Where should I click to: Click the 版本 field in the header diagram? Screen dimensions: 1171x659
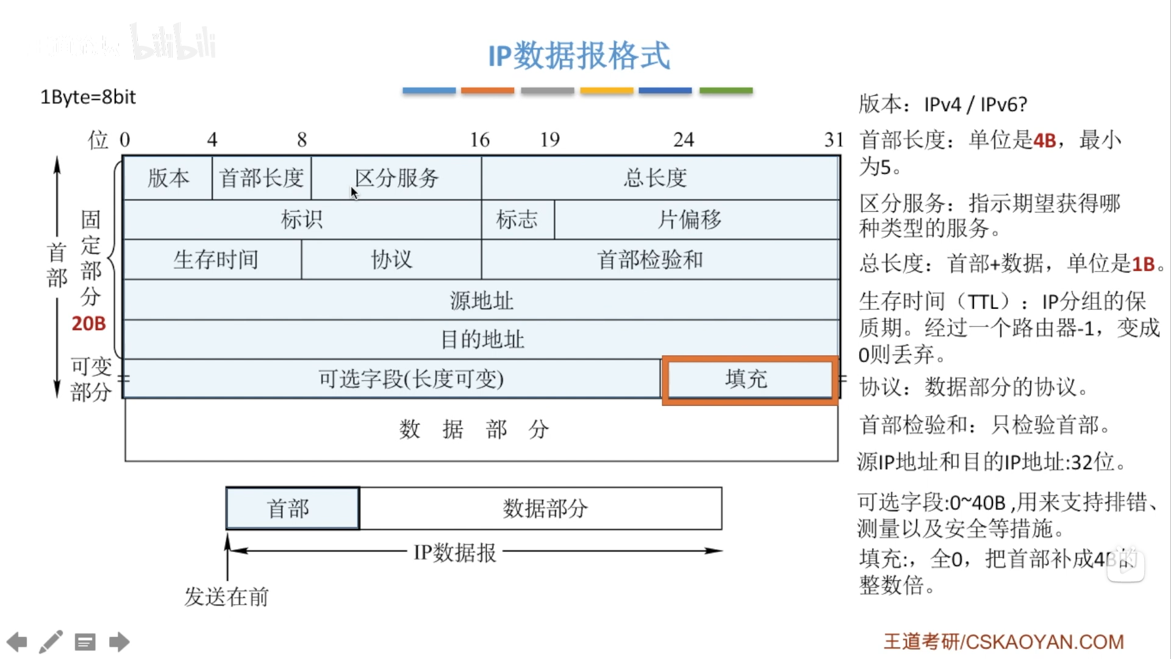pos(168,178)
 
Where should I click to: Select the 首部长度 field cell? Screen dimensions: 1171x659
pos(262,178)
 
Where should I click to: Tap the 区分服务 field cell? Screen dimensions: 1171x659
pos(396,178)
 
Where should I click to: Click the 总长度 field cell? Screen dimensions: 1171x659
pos(656,178)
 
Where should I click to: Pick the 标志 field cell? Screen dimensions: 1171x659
pos(517,219)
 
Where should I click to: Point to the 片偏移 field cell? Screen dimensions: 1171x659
pos(690,219)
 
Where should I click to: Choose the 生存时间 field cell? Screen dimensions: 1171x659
pos(215,260)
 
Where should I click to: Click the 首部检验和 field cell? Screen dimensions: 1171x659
pos(650,260)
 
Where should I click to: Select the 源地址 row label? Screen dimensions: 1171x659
pos(481,300)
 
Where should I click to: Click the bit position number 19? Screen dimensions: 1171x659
pos(550,140)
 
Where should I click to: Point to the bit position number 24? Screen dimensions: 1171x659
pos(683,140)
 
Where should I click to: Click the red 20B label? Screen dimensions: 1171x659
pos(88,323)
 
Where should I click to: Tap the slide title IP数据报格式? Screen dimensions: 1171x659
pos(579,56)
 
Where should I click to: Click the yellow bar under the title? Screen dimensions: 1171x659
pos(606,90)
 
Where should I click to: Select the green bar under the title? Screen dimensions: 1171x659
pos(726,90)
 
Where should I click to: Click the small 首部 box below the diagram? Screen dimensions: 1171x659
pos(292,508)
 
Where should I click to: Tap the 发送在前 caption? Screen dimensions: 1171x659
pos(226,597)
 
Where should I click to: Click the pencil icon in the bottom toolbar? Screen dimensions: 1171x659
pos(51,642)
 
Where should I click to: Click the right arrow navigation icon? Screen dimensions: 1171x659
pos(120,642)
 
